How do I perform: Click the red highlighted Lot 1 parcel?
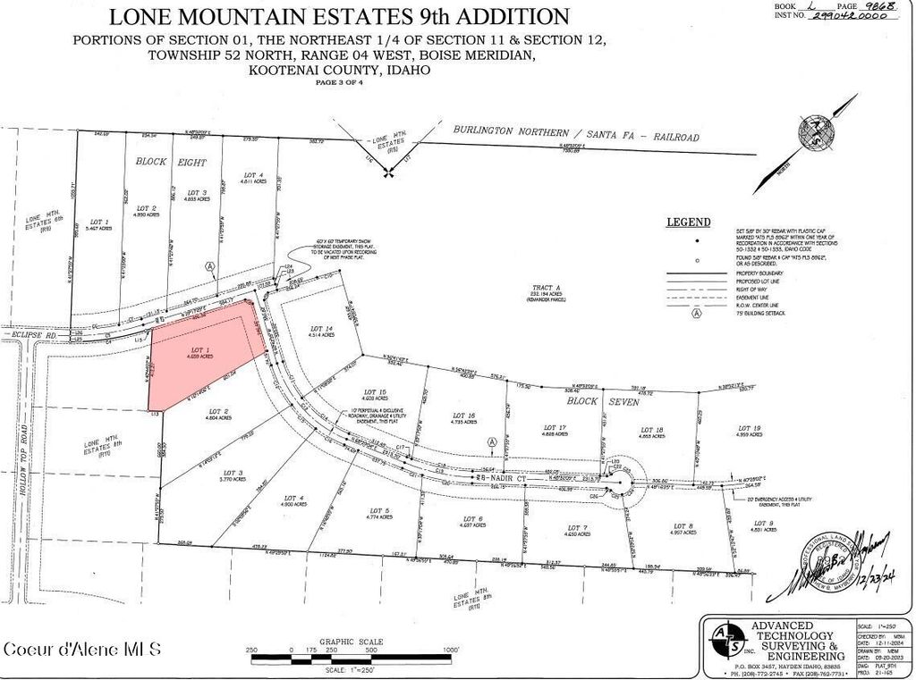tap(201, 353)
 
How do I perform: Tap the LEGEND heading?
tap(688, 222)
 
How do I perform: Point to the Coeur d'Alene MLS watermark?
tap(82, 648)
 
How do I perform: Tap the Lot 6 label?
tap(473, 521)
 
